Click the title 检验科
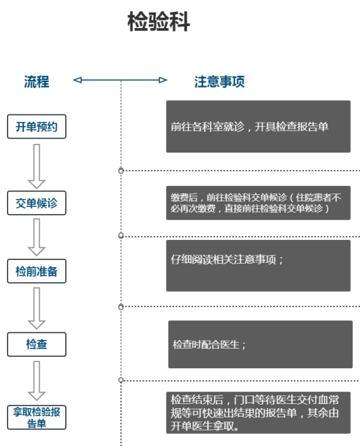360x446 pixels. pyautogui.click(x=159, y=22)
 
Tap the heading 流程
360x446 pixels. pyautogui.click(x=36, y=81)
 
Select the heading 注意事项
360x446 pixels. pyautogui.click(x=220, y=81)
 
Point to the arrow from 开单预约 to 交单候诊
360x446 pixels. pyautogui.click(x=36, y=166)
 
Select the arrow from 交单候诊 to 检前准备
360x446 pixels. pyautogui.click(x=36, y=237)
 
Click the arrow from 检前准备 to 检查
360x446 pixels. pyautogui.click(x=36, y=309)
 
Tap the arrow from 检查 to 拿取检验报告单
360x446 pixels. pyautogui.click(x=36, y=381)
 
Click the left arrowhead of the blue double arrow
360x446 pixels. pyautogui.click(x=77, y=80)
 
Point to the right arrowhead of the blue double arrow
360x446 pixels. pyautogui.click(x=163, y=80)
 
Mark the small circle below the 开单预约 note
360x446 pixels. pyautogui.click(x=121, y=170)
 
